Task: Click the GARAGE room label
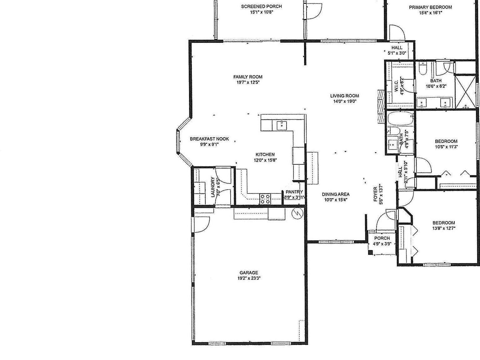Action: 248,272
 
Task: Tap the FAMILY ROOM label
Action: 248,77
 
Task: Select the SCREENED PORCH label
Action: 261,6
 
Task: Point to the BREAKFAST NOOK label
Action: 209,139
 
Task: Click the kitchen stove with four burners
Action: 265,199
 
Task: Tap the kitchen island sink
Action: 282,125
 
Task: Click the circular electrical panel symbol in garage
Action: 297,213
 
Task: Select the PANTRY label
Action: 294,192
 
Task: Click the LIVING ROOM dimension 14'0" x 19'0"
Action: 345,101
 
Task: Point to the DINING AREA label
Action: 336,194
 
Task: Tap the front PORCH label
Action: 382,238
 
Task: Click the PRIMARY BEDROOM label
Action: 430,7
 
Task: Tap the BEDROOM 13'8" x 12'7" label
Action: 443,223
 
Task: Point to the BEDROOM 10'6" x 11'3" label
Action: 446,141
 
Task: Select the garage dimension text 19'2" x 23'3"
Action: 248,278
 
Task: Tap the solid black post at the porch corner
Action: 371,252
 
